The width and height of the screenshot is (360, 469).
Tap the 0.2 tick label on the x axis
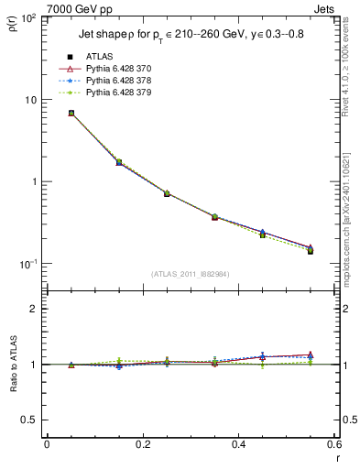143,444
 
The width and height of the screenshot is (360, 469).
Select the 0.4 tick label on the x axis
239,444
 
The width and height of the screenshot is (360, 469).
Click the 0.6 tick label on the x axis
334,444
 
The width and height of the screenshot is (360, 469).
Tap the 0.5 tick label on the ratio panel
29,420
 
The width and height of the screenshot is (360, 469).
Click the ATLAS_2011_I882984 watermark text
191,274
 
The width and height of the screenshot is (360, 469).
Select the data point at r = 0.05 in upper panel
71,114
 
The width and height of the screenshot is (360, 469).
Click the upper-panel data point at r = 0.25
167,193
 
